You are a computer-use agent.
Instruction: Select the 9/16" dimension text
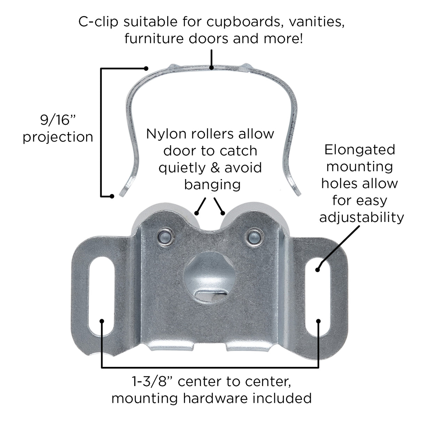coord(58,120)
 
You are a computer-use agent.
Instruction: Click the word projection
coord(58,137)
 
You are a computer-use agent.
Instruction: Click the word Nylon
coord(168,134)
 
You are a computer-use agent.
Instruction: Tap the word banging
coord(212,185)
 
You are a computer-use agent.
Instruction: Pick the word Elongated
coord(360,151)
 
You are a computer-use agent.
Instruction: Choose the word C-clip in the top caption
coord(98,22)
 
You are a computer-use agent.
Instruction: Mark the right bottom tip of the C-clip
coord(299,194)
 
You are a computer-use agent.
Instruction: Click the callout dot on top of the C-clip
coord(211,68)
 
